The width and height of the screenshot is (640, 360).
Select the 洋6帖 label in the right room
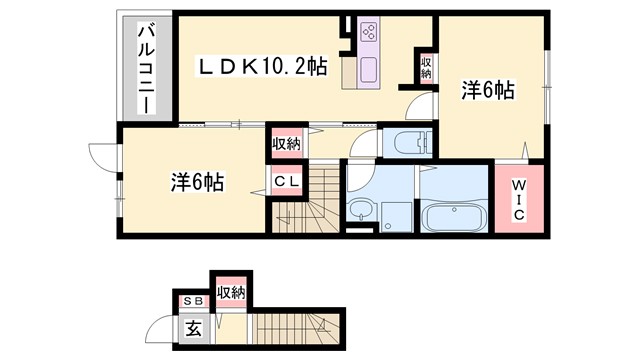point(487,91)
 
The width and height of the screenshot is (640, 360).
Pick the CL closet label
point(287,182)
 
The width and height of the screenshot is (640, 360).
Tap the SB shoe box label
point(191,300)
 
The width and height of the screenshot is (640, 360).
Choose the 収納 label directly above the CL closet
point(286,143)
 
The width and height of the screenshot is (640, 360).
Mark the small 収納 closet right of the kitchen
point(426,68)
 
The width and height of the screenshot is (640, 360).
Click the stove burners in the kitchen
point(366,31)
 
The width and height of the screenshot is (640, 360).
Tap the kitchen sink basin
point(366,72)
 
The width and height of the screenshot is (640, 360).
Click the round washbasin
point(359,210)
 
